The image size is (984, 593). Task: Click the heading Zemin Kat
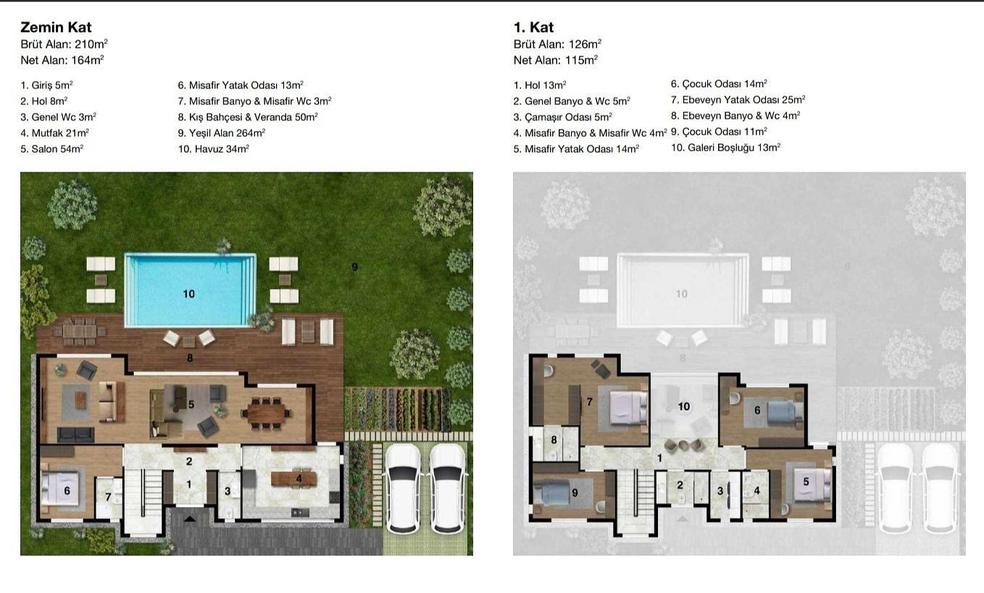click(x=56, y=28)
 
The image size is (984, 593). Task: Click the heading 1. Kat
click(x=533, y=28)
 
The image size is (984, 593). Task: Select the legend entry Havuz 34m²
click(x=214, y=149)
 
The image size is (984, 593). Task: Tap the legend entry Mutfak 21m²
click(x=55, y=133)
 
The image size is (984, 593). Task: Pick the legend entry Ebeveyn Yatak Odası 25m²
click(x=738, y=100)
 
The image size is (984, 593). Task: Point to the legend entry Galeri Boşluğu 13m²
click(x=726, y=148)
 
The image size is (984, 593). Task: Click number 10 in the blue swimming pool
click(x=189, y=294)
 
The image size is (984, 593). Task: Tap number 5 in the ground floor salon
click(x=191, y=404)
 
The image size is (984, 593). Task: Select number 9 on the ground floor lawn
click(x=355, y=266)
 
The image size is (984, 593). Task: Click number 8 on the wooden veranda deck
click(x=190, y=358)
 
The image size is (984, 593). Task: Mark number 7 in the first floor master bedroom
click(x=590, y=401)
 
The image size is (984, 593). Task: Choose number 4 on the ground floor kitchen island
click(x=299, y=479)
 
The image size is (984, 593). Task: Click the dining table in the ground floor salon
click(x=266, y=413)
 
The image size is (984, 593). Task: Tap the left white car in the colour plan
click(x=404, y=487)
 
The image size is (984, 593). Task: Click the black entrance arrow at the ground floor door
click(x=190, y=519)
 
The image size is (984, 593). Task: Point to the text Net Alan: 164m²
click(x=62, y=59)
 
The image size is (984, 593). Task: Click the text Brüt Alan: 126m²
click(x=557, y=44)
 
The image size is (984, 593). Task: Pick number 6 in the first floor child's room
click(x=757, y=410)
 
